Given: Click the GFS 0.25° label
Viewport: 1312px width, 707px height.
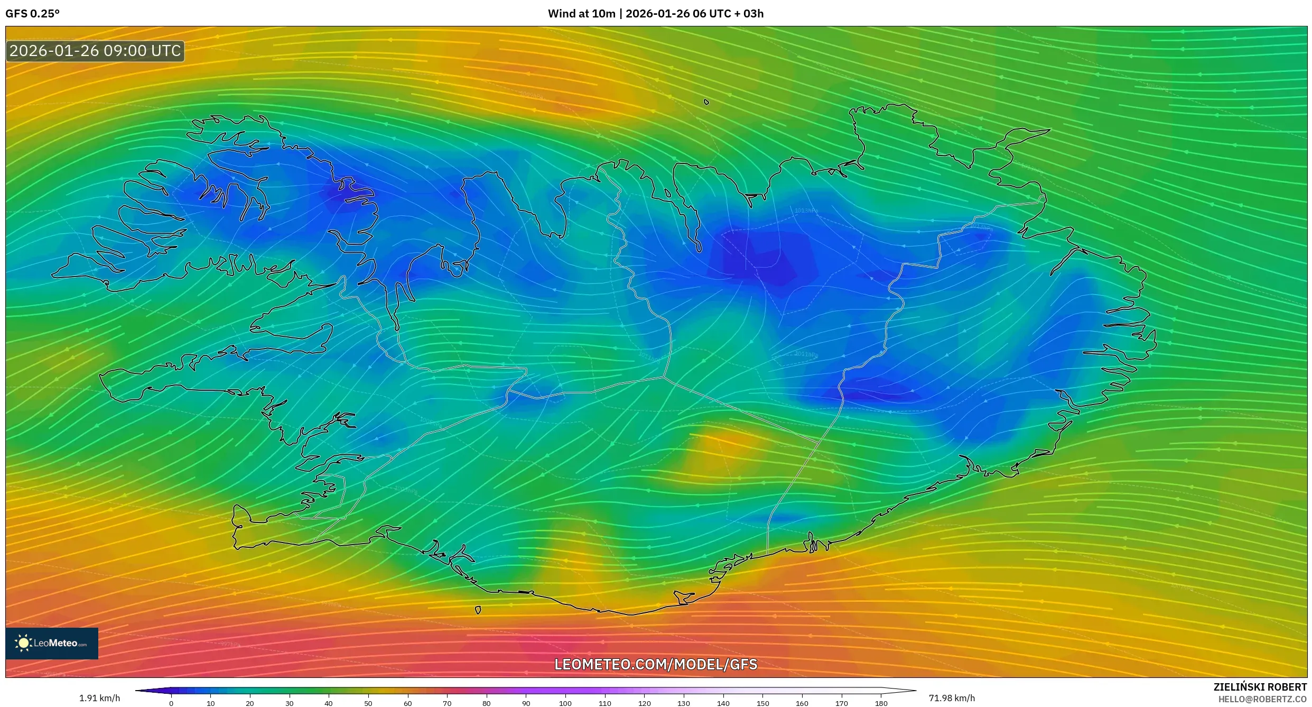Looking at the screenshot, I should (x=32, y=14).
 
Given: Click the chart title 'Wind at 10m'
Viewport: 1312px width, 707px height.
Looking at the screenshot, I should (x=581, y=14).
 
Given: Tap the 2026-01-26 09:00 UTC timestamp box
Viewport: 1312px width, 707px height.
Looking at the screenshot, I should (x=95, y=51).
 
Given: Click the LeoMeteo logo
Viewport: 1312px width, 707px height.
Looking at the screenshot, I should (x=52, y=643).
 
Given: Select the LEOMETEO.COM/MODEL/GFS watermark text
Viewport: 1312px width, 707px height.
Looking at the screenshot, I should (x=656, y=664).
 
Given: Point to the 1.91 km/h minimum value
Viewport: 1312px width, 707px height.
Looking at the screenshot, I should (x=99, y=698).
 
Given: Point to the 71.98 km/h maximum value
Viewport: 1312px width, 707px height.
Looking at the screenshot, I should (x=952, y=698).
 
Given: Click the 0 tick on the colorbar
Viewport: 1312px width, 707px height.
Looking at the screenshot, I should (x=171, y=703).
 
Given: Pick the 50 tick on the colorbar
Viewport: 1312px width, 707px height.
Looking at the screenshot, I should (x=368, y=703).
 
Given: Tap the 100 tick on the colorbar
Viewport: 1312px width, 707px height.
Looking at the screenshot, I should (x=565, y=703).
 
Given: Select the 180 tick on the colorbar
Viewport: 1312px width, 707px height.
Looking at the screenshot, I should (x=881, y=703).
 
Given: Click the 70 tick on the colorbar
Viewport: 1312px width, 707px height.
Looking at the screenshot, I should (x=447, y=703).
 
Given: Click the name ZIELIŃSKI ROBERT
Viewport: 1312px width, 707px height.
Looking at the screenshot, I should (x=1260, y=687).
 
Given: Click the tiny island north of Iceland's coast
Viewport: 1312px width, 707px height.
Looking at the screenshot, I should (x=706, y=102).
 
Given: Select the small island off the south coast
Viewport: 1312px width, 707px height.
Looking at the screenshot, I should (x=478, y=610).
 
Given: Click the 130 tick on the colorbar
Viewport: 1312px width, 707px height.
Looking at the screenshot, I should (x=684, y=703).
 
